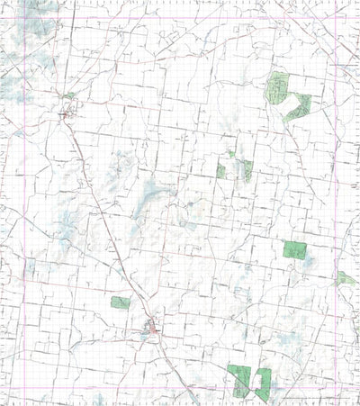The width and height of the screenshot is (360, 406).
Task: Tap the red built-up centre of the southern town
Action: coord(154,332)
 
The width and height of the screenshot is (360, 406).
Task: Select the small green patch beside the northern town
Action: coord(68,95)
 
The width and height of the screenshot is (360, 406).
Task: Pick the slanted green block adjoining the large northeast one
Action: coord(297,107)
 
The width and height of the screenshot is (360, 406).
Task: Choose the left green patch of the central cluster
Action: coord(221,171)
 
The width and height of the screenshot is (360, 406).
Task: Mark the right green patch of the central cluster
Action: coord(244,170)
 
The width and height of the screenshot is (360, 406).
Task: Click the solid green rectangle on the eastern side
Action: coord(294,249)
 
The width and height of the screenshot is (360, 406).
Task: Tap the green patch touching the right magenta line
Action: coord(345,278)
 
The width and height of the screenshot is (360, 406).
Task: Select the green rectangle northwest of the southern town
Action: coord(120,302)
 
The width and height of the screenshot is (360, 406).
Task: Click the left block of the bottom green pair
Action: coord(238,379)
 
